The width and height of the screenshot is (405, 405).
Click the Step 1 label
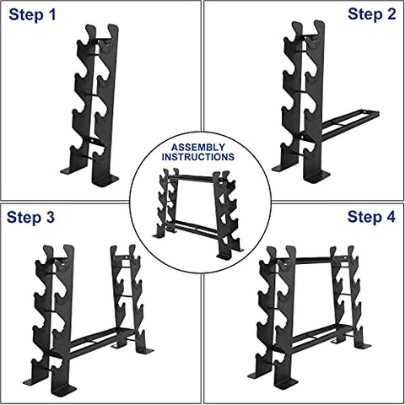[34, 15]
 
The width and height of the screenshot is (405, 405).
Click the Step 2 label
[370, 15]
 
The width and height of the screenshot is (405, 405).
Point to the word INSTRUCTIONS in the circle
[202, 157]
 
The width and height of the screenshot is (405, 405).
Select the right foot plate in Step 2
[317, 177]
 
